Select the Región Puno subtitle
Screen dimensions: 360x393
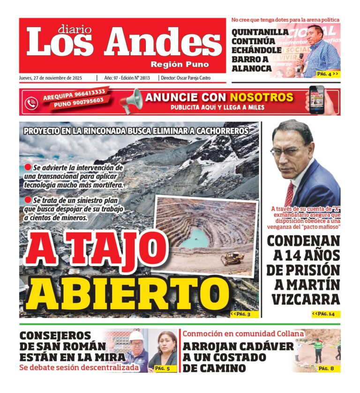click(180, 64)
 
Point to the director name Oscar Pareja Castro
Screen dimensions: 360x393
click(194, 78)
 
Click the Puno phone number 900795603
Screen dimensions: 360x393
click(79, 102)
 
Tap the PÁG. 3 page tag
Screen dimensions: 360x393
click(244, 314)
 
